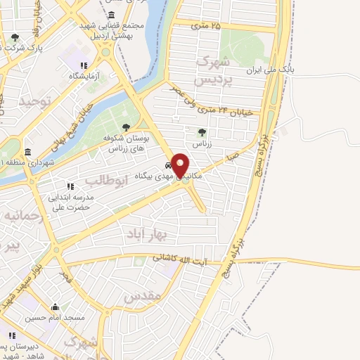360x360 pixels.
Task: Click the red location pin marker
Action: pos(181,166)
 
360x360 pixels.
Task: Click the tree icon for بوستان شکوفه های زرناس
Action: pos(126,127)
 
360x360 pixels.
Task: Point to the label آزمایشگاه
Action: pos(84,75)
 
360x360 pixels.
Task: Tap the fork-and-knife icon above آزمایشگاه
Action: pos(84,65)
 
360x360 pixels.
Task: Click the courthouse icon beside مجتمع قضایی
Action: pos(112,15)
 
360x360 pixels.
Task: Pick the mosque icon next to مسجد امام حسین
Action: pos(54,307)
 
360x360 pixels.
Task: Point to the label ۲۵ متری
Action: pos(205,26)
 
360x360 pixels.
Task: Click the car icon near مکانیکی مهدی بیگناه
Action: pos(167,166)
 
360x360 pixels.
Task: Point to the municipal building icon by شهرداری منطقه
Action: pos(27,152)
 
